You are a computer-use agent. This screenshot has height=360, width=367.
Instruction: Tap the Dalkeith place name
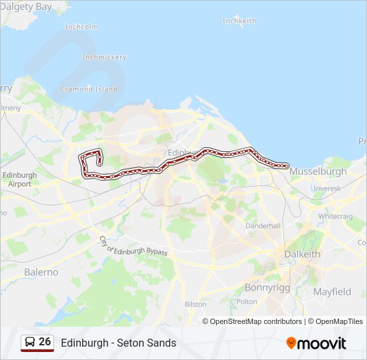coord(302,254)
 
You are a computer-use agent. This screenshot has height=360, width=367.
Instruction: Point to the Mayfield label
coord(332,291)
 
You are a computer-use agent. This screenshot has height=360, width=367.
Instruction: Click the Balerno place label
coord(41,272)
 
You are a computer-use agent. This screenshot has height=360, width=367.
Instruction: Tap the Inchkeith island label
coord(239,21)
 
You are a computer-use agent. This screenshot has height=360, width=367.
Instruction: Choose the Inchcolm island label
coord(81,27)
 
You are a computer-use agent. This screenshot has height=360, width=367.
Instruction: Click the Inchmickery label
coord(104,57)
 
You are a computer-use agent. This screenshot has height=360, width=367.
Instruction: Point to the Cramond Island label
coord(89,89)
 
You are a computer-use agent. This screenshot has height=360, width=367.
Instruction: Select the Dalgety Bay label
coord(27,7)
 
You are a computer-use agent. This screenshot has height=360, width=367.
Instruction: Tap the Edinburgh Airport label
coord(19,179)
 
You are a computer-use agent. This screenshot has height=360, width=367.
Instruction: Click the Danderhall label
coord(264,226)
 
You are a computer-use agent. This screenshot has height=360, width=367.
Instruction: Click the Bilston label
coord(196,304)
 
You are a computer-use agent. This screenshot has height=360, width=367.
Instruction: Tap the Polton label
coord(247,301)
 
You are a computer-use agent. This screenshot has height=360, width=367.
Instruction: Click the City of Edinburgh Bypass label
coord(133,247)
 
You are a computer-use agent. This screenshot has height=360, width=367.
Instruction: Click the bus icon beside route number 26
coord(30,342)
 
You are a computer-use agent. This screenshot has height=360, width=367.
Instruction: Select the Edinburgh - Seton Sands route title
coord(119,343)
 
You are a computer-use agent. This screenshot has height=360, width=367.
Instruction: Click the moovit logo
coord(316,343)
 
